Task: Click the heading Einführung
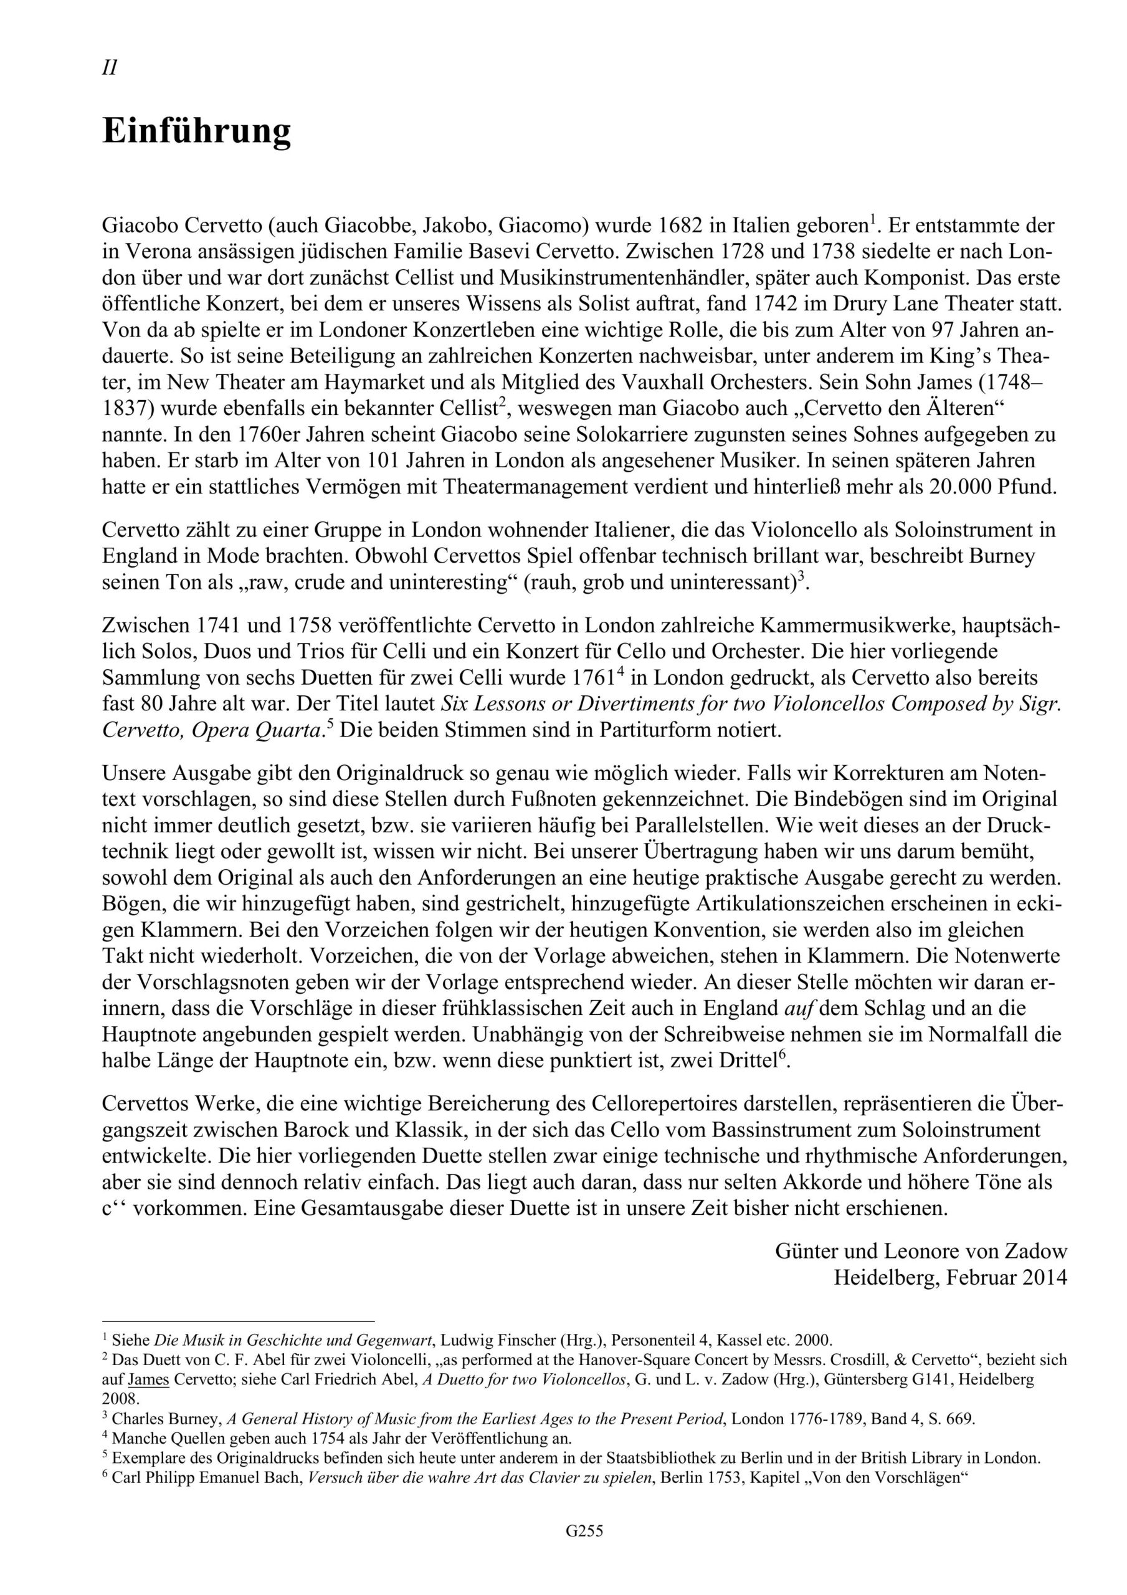pyautogui.click(x=197, y=131)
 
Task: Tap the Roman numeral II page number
pyautogui.click(x=109, y=68)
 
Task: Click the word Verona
pyautogui.click(x=155, y=252)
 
